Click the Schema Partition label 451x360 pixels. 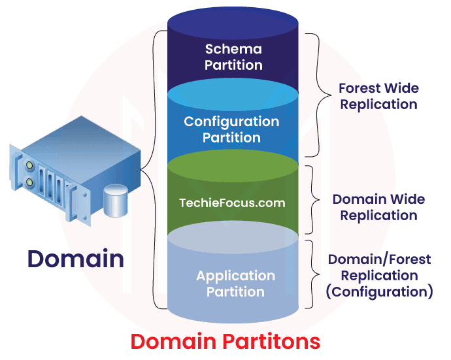pyautogui.click(x=233, y=57)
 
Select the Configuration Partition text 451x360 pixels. pyautogui.click(x=231, y=129)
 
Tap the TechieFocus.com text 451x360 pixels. pyautogui.click(x=232, y=203)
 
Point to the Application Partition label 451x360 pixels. pyautogui.click(x=235, y=284)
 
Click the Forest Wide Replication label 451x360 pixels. pyautogui.click(x=378, y=95)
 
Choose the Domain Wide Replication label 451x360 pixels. pyautogui.click(x=378, y=207)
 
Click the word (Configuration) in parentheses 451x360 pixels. pyautogui.click(x=379, y=291)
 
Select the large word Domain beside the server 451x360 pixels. pyautogui.click(x=75, y=259)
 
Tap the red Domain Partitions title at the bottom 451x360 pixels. pyautogui.click(x=225, y=341)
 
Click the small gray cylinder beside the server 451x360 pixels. pyautogui.click(x=115, y=200)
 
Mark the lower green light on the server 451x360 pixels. pyautogui.click(x=29, y=180)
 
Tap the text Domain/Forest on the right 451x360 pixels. pyautogui.click(x=379, y=259)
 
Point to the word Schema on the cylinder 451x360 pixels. pyautogui.click(x=233, y=49)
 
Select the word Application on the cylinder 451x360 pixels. pyautogui.click(x=235, y=276)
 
